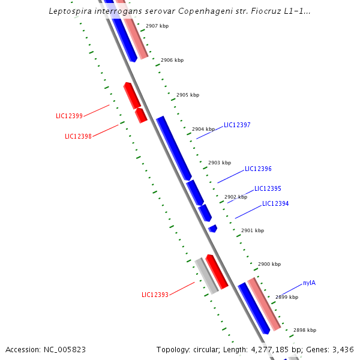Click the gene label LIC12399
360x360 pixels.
click(69, 116)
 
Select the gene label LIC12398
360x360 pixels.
click(78, 136)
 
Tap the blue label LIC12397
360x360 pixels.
click(237, 125)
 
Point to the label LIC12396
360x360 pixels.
click(258, 169)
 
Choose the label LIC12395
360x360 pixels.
click(268, 188)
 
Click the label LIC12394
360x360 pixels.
click(275, 204)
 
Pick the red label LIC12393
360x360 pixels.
click(155, 295)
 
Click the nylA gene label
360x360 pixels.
click(309, 283)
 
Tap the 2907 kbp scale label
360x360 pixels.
click(157, 26)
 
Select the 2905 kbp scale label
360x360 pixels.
click(188, 95)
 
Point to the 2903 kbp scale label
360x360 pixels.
click(220, 163)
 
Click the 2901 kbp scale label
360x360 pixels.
click(253, 230)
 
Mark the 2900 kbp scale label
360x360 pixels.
click(269, 264)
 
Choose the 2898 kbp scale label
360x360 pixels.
click(305, 330)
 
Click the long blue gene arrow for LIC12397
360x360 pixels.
click(173, 148)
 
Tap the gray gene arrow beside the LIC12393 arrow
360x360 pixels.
click(206, 276)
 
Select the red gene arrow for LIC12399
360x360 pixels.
click(132, 95)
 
